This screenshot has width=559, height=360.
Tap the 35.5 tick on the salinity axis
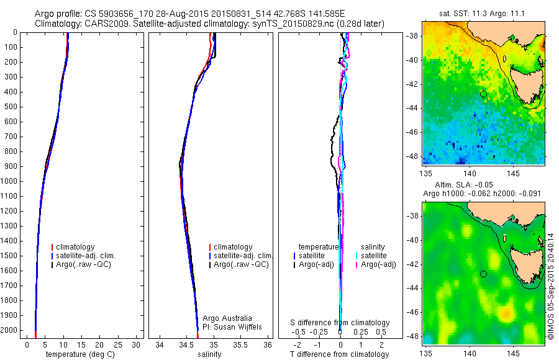240,344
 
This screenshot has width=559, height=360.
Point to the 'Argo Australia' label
228,318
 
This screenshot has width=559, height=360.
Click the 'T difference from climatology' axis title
340,354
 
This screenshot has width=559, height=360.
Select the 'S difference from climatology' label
340,323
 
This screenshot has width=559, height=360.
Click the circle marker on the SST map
483,94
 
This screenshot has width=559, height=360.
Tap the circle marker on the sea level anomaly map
483,274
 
